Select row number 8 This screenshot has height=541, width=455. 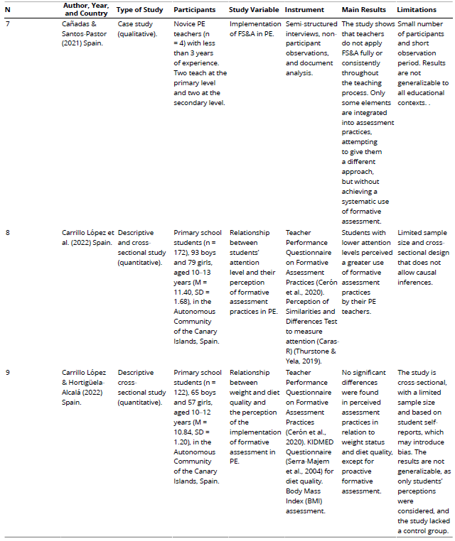tap(8, 232)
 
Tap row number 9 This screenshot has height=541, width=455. tap(8, 373)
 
